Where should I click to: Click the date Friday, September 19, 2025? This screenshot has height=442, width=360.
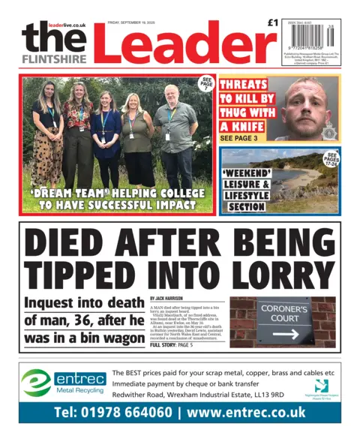click(x=133, y=23)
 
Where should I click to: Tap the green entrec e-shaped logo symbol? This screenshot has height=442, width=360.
click(x=35, y=383)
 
